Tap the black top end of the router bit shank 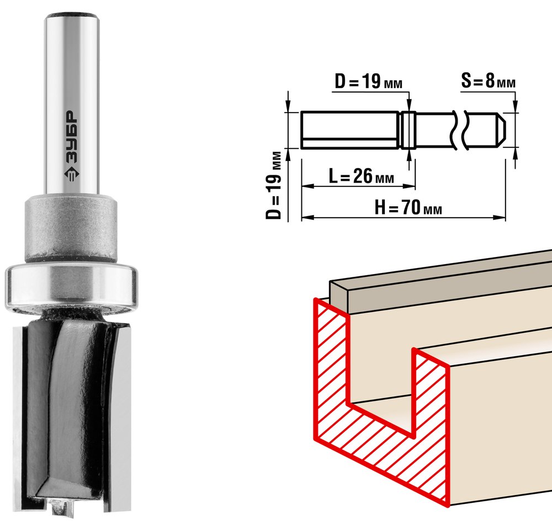point(72,15)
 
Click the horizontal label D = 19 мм point(368,82)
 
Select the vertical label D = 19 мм point(274,185)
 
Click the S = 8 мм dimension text point(489,81)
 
